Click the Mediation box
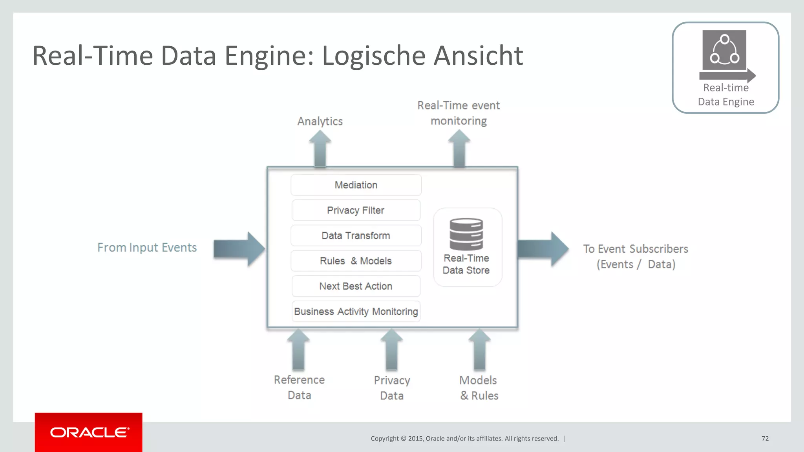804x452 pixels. [356, 185]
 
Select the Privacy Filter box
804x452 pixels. [356, 210]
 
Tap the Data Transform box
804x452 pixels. [356, 235]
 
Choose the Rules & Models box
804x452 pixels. [356, 261]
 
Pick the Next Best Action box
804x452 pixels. [356, 286]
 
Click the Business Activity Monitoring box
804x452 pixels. [356, 312]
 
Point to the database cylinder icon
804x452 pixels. [466, 234]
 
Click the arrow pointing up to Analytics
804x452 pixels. [320, 149]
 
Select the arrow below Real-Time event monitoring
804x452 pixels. [459, 149]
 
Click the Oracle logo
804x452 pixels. [89, 432]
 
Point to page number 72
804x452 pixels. [765, 439]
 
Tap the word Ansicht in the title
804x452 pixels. [478, 56]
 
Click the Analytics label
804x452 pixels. [320, 121]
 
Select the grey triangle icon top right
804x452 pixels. [724, 50]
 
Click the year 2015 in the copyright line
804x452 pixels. [415, 439]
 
